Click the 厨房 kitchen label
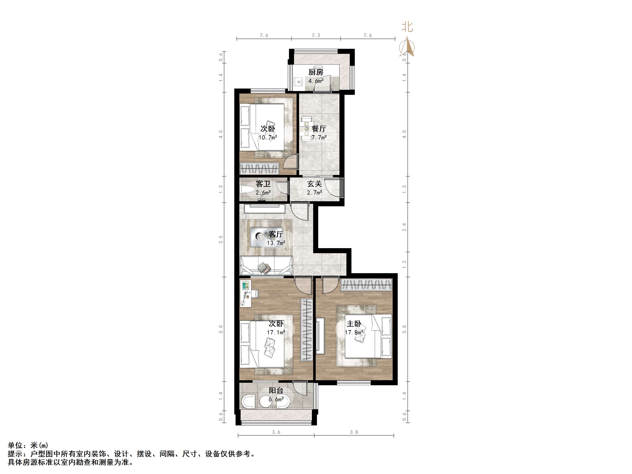click(316, 72)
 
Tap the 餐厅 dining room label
click(319, 129)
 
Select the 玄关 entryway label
click(315, 184)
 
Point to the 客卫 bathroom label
click(263, 184)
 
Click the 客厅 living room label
click(276, 234)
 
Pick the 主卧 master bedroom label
click(354, 324)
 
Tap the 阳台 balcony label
click(276, 391)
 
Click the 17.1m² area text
click(276, 332)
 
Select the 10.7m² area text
click(268, 138)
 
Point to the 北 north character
click(407, 27)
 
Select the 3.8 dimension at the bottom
click(354, 432)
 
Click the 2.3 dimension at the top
click(316, 35)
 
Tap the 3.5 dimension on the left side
click(221, 240)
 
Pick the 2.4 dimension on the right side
click(404, 227)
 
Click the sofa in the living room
click(266, 266)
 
